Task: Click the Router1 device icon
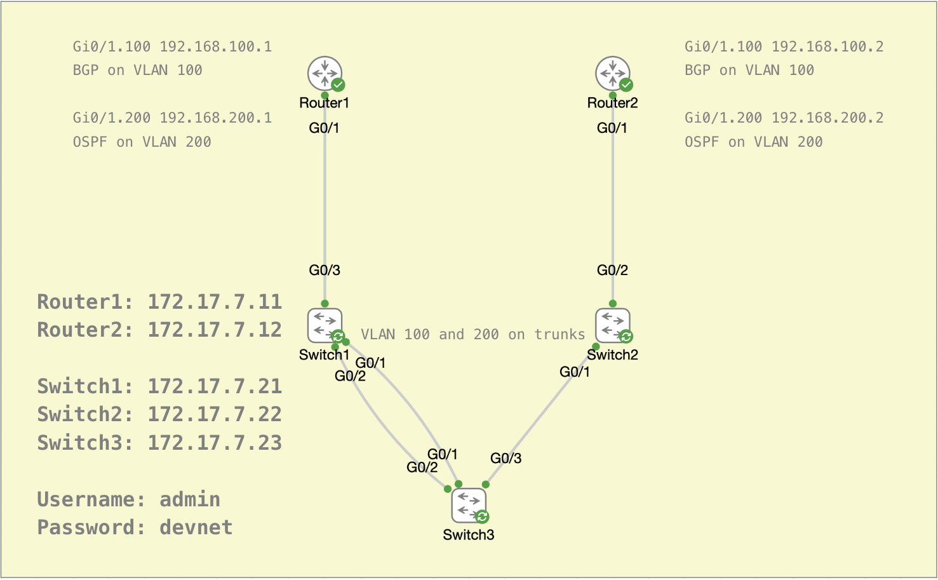[x=325, y=74]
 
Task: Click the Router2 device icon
[x=612, y=74]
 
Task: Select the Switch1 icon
[x=325, y=325]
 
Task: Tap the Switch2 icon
[x=612, y=325]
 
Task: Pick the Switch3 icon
[x=469, y=505]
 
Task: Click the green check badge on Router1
[x=338, y=84]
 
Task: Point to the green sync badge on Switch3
[x=483, y=516]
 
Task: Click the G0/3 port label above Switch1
[x=325, y=270]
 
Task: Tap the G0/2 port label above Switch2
[x=612, y=270]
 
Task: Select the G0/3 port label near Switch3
[x=506, y=458]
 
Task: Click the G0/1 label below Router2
[x=612, y=128]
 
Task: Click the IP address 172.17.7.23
[x=215, y=443]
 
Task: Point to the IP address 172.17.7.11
[x=215, y=302]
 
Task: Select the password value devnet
[x=196, y=527]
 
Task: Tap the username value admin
[x=190, y=499]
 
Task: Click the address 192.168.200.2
[x=827, y=118]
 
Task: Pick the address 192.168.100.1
[x=216, y=46]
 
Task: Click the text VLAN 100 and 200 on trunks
[x=472, y=334]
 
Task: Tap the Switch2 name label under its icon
[x=612, y=355]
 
